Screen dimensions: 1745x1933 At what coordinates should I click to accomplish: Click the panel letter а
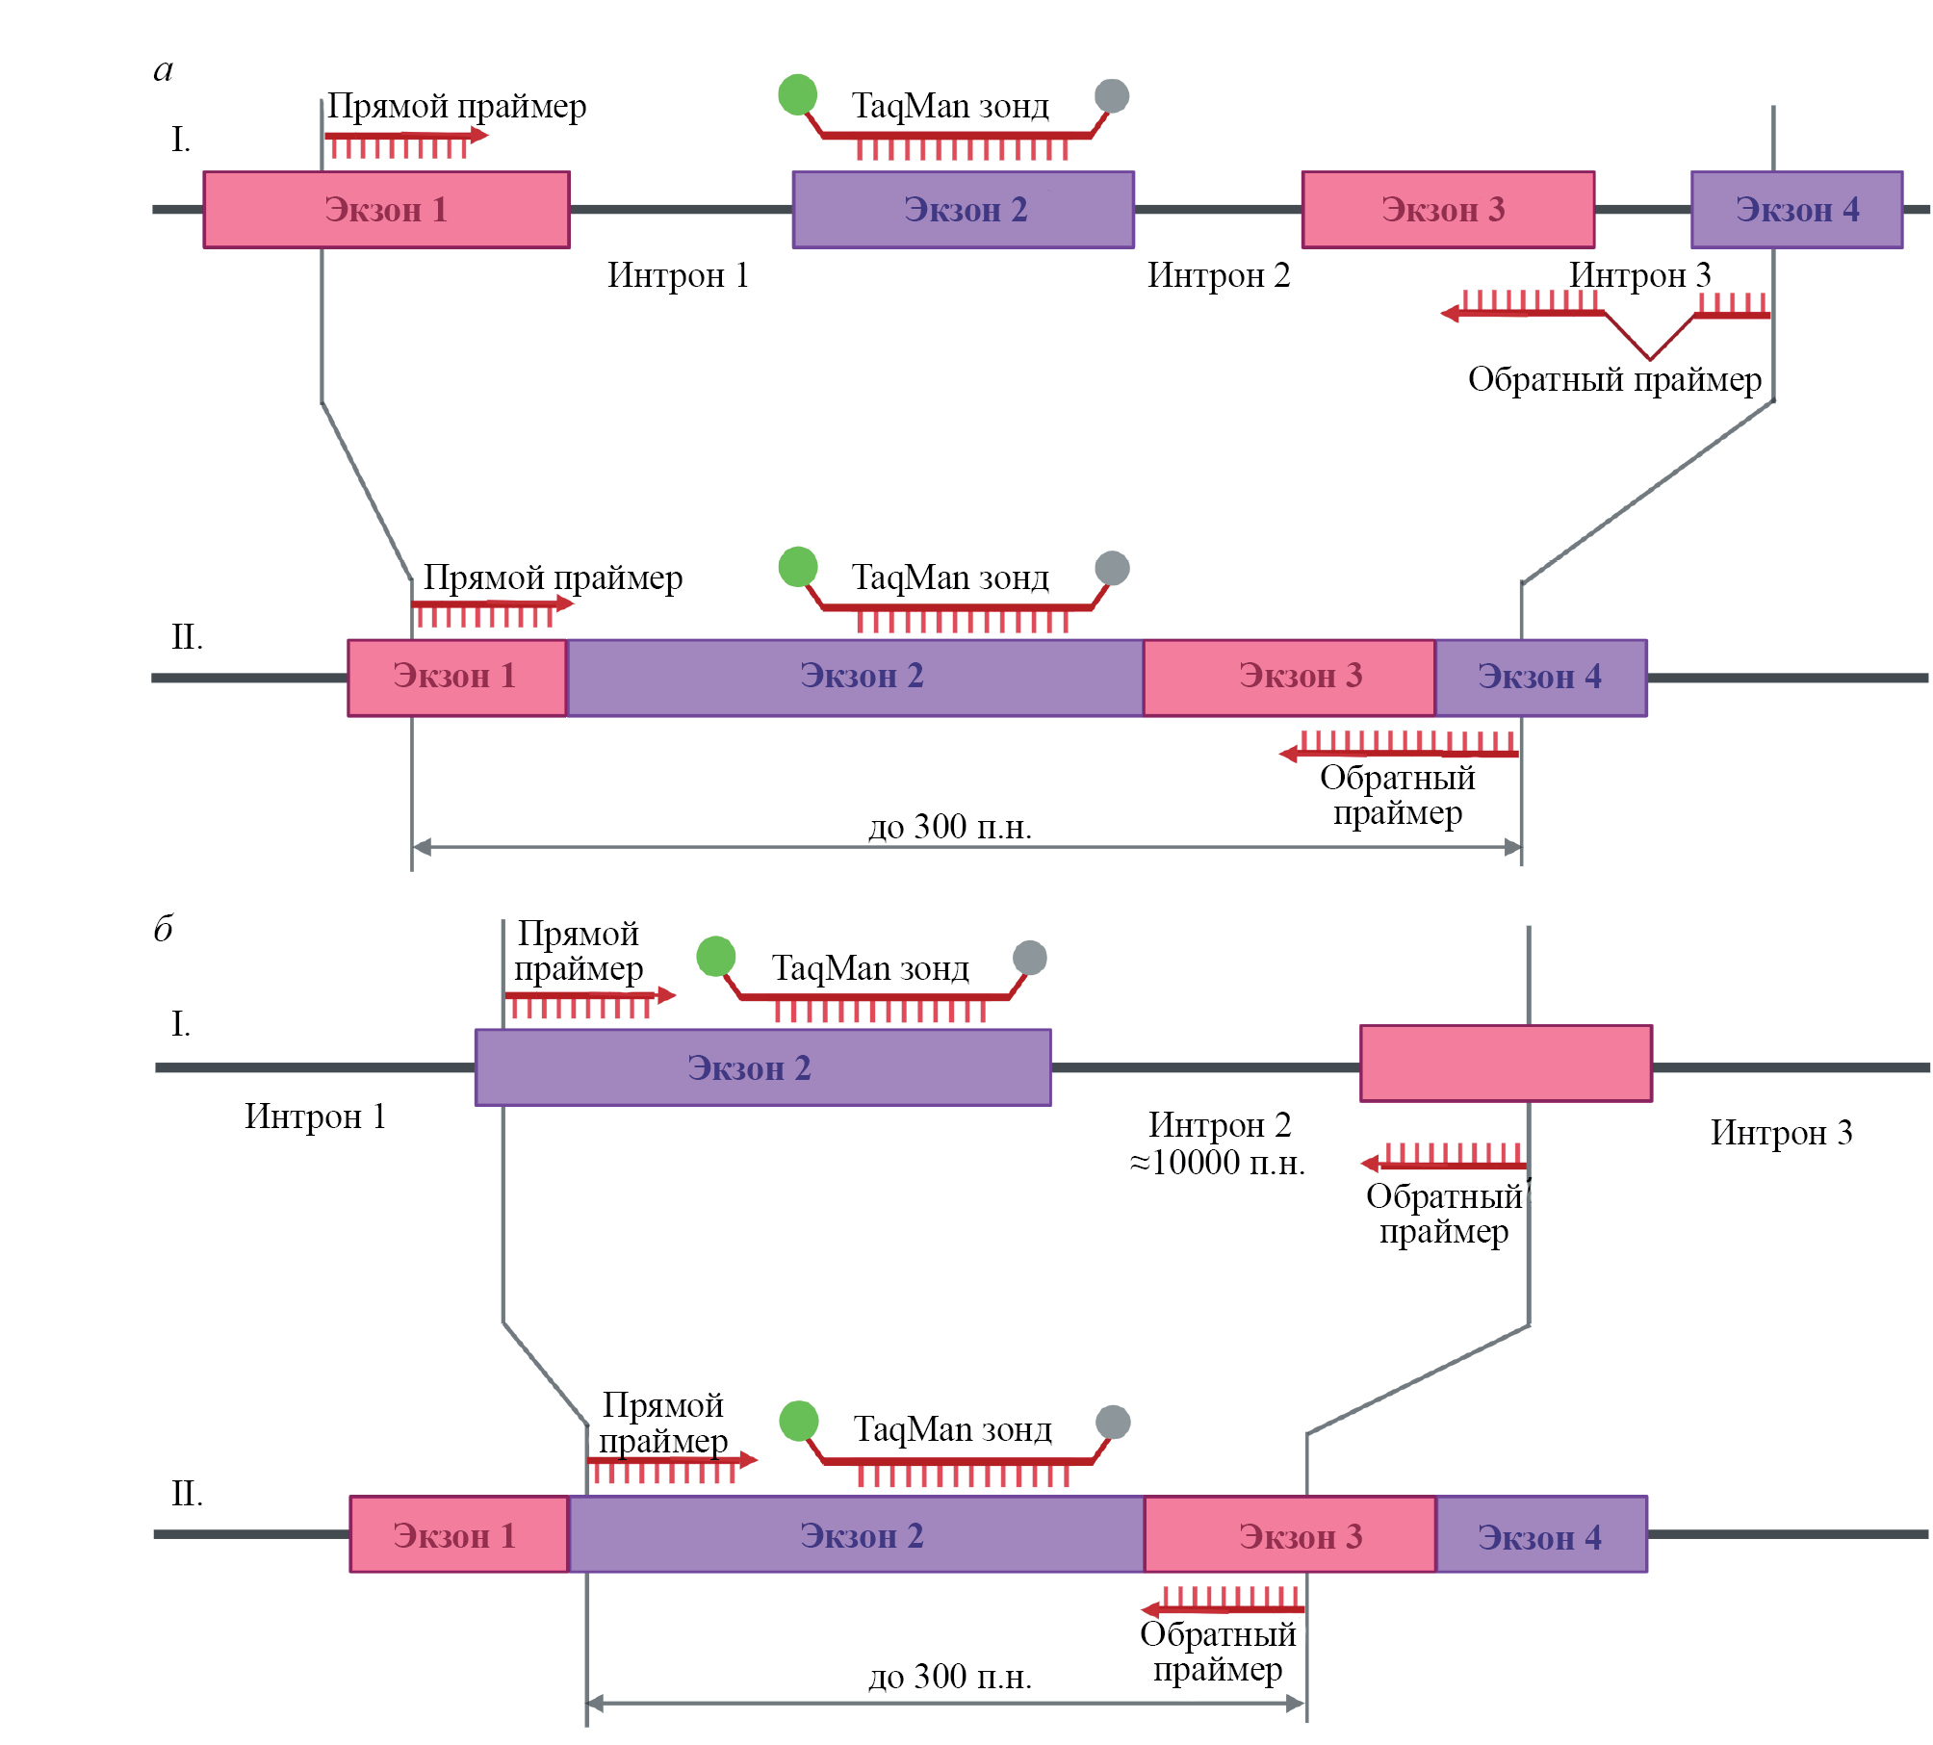click(x=164, y=70)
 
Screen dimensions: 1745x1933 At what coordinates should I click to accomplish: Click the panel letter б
click(x=164, y=929)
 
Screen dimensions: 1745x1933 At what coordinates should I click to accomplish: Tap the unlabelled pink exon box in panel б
click(x=1506, y=1064)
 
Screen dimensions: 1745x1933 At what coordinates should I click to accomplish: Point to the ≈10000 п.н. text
click(x=1218, y=1163)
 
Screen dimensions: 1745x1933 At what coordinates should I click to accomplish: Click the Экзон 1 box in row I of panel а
click(x=386, y=210)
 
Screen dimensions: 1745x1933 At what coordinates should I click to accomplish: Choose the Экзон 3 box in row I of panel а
click(x=1448, y=210)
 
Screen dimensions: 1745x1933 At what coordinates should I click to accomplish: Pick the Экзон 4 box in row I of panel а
click(x=1796, y=210)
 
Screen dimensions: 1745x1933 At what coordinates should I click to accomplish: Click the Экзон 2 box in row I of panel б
click(x=762, y=1067)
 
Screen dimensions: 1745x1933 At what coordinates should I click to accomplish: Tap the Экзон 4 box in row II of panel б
click(x=1541, y=1535)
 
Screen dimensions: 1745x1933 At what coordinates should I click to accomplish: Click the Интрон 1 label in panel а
click(x=678, y=275)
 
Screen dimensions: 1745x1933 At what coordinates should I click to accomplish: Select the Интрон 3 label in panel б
click(x=1781, y=1133)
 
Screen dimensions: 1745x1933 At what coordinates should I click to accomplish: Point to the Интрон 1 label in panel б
click(x=315, y=1116)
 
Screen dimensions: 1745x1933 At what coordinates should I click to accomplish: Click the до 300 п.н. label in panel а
click(x=950, y=827)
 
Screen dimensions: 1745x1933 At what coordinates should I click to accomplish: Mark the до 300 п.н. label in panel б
click(x=950, y=1677)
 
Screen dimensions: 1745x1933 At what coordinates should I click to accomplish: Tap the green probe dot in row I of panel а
click(x=797, y=94)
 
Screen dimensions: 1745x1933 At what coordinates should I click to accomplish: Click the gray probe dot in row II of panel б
click(x=1113, y=1422)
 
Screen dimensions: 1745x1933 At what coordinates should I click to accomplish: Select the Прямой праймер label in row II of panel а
click(x=553, y=577)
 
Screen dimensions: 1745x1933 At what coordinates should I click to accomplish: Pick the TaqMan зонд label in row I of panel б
click(x=870, y=968)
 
